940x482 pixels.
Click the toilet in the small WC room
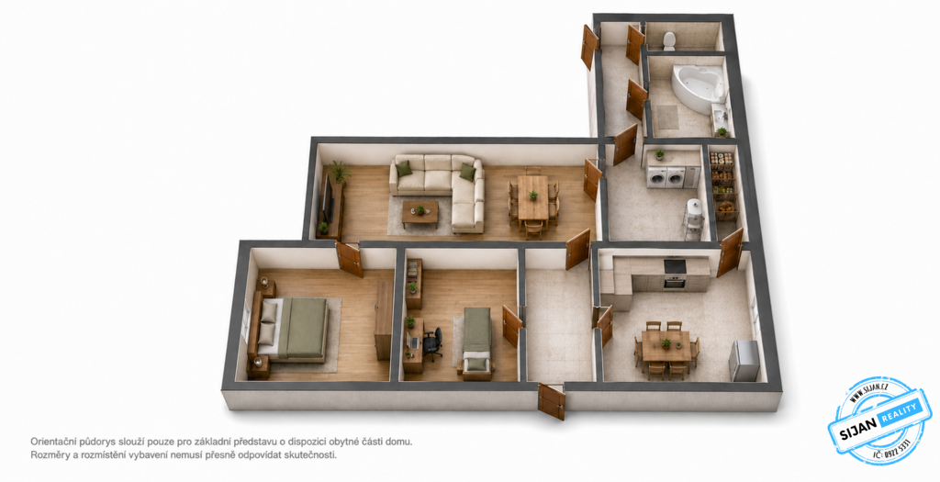pos(669,40)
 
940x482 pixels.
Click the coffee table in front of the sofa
pos(420,213)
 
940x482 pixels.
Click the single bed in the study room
pos(477,340)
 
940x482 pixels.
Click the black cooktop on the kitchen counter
pos(675,265)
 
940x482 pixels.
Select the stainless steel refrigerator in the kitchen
pos(744,360)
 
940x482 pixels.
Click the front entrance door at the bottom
pos(551,401)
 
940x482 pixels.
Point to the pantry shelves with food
pos(722,185)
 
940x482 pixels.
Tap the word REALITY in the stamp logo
pos(898,413)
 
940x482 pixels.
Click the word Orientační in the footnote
pos(54,442)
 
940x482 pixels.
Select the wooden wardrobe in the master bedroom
pos(384,320)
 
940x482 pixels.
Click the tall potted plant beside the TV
pos(339,172)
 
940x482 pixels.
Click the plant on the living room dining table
pos(532,196)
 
